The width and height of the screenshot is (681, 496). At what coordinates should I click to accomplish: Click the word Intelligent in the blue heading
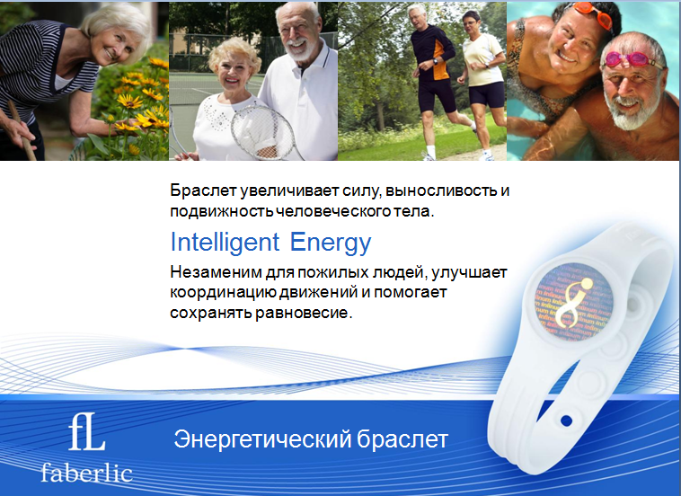tap(225, 243)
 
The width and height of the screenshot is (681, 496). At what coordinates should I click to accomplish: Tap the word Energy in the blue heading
tap(331, 243)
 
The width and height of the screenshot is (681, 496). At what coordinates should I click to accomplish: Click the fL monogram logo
tap(86, 434)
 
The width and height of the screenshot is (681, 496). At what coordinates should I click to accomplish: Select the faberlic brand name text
tap(86, 473)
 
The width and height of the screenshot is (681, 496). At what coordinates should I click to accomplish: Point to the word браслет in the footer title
tap(402, 438)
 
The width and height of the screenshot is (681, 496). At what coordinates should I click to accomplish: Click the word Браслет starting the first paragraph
tap(203, 190)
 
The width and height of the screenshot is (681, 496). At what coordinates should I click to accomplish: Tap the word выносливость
tap(441, 190)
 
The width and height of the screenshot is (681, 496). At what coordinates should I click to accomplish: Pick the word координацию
tap(222, 293)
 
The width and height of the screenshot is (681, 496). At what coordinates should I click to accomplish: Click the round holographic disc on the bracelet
tap(570, 299)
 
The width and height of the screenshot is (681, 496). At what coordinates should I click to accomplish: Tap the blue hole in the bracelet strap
tap(566, 421)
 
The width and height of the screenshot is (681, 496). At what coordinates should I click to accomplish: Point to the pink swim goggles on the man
tap(632, 60)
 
